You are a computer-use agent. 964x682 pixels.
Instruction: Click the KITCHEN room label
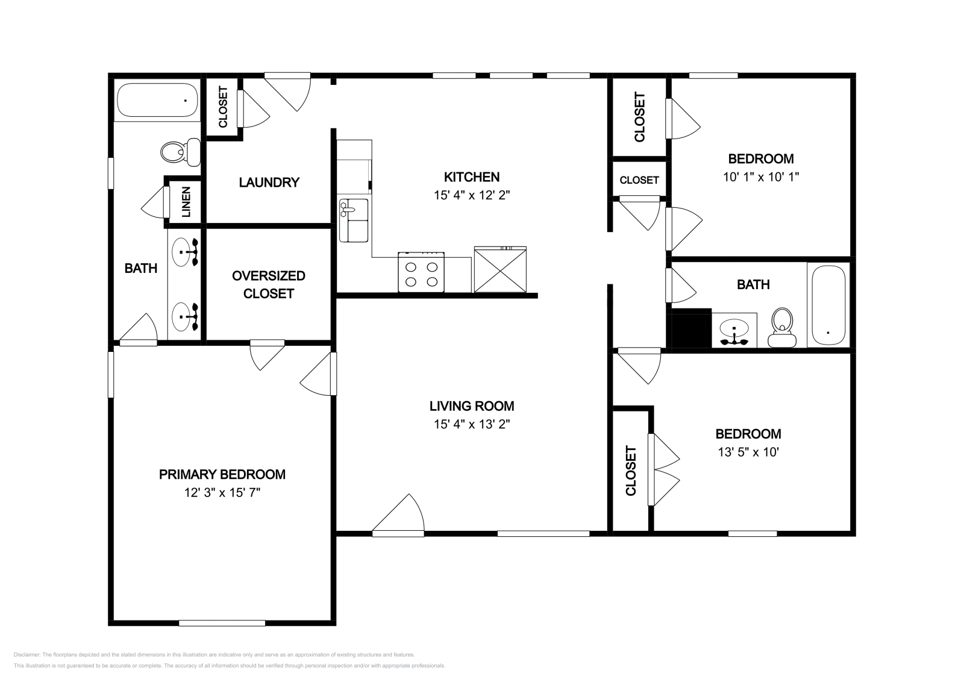(471, 177)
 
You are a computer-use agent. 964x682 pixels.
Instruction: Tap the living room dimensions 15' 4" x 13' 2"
(471, 424)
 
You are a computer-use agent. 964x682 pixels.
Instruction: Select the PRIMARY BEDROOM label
(222, 474)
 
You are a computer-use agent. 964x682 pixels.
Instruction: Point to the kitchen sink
(353, 221)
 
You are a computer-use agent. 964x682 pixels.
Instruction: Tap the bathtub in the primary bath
(157, 100)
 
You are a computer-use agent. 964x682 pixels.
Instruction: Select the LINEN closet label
(186, 202)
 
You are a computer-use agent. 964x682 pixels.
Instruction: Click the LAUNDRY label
(269, 183)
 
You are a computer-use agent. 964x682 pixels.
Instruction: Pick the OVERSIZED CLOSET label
(268, 284)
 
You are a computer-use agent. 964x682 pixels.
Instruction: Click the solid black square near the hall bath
(692, 328)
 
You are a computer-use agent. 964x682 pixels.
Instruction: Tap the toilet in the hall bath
(782, 327)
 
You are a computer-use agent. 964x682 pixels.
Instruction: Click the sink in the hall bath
(734, 331)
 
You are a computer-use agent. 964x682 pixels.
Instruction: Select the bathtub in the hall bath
(828, 305)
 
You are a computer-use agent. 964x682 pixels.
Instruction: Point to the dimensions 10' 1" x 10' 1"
(760, 177)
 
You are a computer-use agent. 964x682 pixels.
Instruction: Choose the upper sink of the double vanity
(184, 252)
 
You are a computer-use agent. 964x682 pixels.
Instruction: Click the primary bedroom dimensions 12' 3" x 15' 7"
(222, 493)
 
